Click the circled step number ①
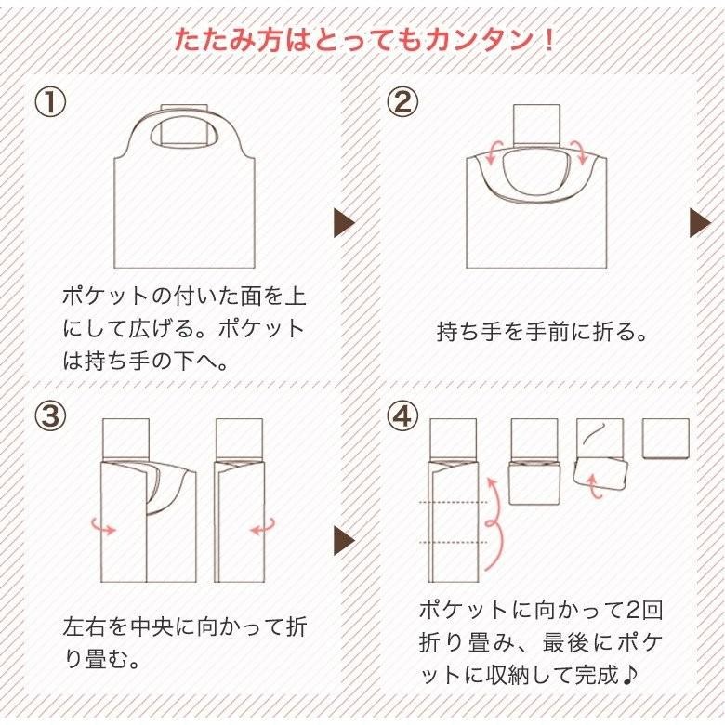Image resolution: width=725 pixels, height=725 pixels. click(x=51, y=101)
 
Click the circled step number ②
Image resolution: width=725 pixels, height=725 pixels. click(x=402, y=101)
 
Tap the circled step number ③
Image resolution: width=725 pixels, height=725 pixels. click(x=51, y=416)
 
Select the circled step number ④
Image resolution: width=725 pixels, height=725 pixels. click(x=402, y=416)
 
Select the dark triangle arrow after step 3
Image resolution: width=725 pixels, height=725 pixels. click(x=344, y=540)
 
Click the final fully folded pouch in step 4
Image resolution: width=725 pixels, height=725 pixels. click(x=666, y=438)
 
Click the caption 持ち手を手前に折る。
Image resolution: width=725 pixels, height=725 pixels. click(x=541, y=332)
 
